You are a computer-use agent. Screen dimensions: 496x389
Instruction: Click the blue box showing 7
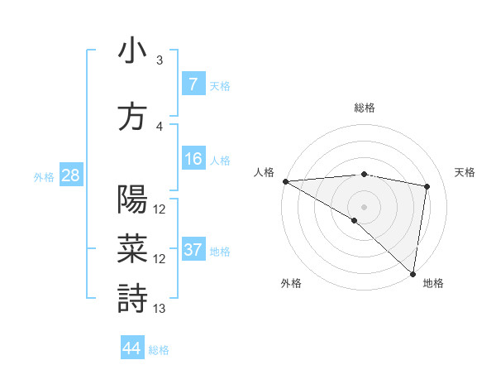click(193, 84)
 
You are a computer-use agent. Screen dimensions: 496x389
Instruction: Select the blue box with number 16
click(193, 159)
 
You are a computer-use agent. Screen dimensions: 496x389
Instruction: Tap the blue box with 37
click(193, 250)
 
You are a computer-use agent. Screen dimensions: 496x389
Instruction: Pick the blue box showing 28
click(70, 175)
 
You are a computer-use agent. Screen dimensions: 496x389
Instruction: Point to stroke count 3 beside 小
click(160, 60)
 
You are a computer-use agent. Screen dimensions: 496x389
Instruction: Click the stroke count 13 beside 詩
click(160, 309)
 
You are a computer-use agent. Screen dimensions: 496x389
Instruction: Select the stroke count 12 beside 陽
click(160, 209)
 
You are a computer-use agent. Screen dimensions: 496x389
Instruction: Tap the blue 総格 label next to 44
click(159, 350)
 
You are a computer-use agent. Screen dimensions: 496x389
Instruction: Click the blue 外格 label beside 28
click(44, 176)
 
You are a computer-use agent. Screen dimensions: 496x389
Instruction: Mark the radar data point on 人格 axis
click(285, 180)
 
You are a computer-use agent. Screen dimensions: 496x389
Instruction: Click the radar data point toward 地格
click(413, 273)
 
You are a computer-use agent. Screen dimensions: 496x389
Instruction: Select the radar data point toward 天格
click(427, 186)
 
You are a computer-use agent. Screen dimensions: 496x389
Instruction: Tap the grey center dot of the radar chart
click(364, 206)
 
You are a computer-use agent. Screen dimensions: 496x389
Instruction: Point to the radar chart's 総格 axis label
click(364, 108)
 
